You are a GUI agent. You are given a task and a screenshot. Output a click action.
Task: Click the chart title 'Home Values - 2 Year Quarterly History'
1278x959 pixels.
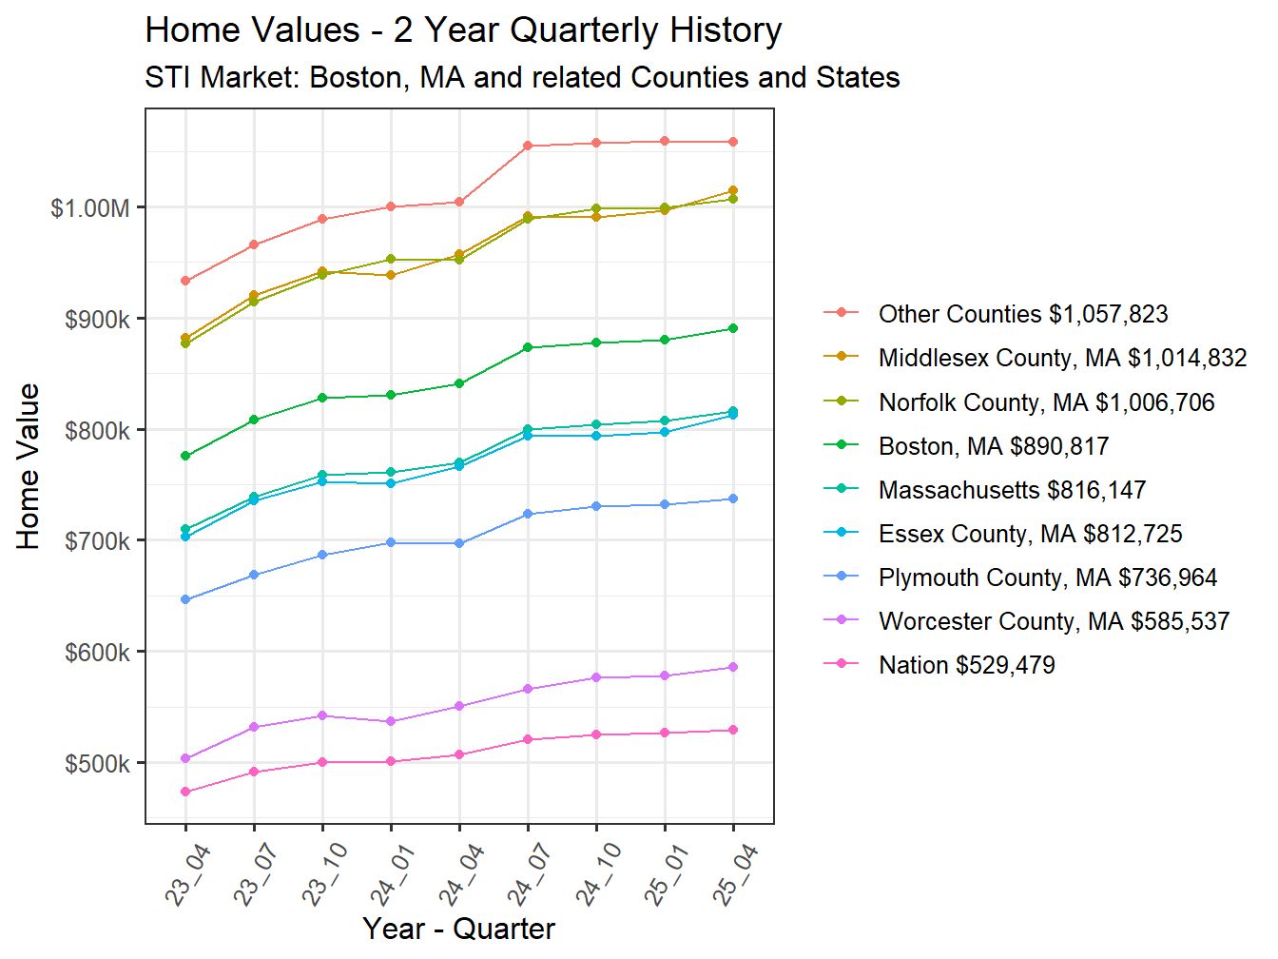coord(463,30)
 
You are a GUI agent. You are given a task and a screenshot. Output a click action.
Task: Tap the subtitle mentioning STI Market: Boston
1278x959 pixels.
coord(522,77)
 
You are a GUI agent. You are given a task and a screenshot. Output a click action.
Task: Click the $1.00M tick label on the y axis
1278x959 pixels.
coord(89,208)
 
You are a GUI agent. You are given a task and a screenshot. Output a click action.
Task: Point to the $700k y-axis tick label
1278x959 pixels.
coord(97,541)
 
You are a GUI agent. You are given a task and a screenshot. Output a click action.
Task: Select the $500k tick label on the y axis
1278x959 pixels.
coord(97,764)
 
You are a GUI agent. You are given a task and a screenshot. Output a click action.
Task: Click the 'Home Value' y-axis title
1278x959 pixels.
coord(29,466)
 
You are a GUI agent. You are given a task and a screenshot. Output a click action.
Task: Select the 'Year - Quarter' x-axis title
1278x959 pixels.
coord(458,929)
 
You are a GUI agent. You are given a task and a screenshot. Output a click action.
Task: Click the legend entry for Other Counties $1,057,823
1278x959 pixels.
coord(1022,314)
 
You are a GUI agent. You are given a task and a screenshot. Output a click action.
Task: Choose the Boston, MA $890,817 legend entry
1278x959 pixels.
coord(993,446)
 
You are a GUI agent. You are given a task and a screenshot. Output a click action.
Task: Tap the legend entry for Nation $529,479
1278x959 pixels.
coord(966,665)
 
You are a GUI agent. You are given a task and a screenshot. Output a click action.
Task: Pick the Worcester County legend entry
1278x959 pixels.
coord(1054,621)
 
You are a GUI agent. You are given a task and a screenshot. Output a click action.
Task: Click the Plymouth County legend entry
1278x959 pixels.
coord(1047,577)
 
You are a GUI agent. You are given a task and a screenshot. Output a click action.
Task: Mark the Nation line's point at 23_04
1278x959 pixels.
coord(185,792)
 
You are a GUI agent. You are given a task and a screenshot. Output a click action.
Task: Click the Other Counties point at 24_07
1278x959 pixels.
coord(528,146)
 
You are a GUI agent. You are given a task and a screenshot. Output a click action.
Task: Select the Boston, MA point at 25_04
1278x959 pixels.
coord(733,328)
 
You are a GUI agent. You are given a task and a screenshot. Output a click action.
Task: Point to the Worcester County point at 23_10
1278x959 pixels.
coord(322,715)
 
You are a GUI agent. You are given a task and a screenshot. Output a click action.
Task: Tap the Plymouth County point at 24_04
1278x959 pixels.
coord(459,543)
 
